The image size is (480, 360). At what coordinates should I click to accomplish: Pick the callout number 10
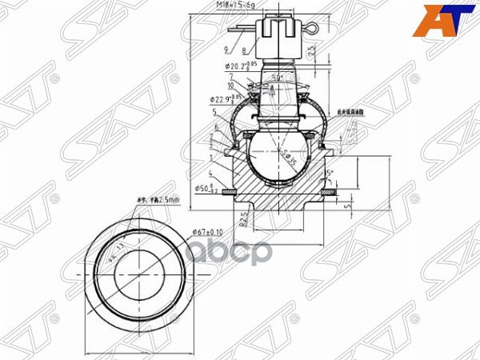[x=230, y=85]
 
